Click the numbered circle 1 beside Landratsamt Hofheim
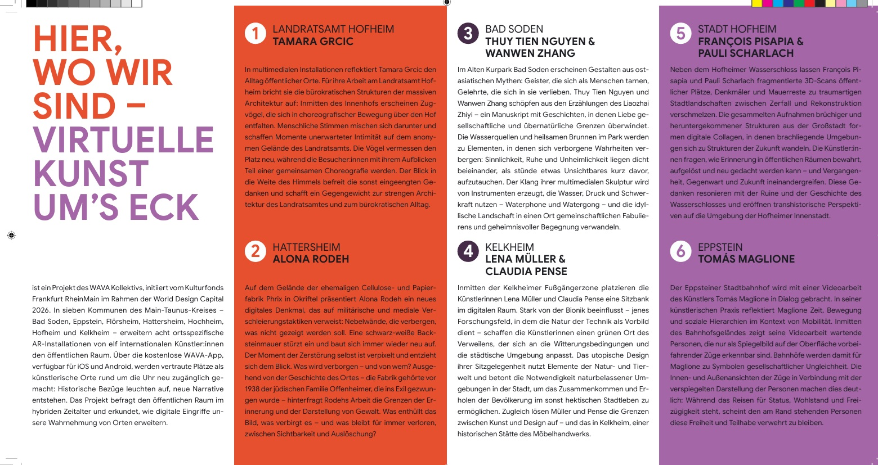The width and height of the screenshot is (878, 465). coord(255,34)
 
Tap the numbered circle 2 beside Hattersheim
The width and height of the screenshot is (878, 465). coord(255,251)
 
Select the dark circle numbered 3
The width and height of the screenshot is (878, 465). coord(468,34)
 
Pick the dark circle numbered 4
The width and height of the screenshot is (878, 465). coord(468,251)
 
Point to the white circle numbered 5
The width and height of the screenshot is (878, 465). coord(680,34)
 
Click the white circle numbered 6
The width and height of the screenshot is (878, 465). coord(680,251)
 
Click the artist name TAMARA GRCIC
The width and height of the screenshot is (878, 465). coord(313,42)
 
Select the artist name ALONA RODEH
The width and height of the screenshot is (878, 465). coord(311,259)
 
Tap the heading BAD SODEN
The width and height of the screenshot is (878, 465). coord(514,29)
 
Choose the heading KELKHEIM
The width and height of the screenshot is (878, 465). coord(509,247)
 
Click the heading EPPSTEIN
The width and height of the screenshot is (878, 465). coord(720,247)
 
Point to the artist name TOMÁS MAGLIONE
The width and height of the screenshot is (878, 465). coord(746,259)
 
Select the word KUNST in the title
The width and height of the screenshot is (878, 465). coord(91,174)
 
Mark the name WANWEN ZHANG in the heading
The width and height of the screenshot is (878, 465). coord(530,53)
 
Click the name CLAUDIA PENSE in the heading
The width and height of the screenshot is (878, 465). coord(526,272)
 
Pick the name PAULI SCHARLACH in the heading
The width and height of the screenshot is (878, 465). coord(746,53)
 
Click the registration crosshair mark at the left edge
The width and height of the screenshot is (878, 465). coord(11,236)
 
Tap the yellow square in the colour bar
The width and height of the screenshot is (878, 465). coord(757,3)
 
